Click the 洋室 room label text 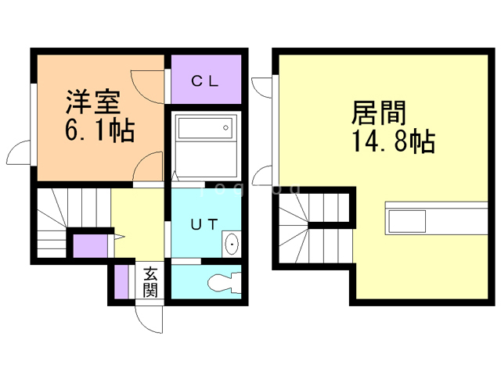pyautogui.click(x=92, y=102)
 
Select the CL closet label pyautogui.click(x=206, y=80)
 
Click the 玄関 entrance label pyautogui.click(x=150, y=283)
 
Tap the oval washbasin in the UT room pyautogui.click(x=232, y=245)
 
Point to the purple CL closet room pyautogui.click(x=207, y=80)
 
